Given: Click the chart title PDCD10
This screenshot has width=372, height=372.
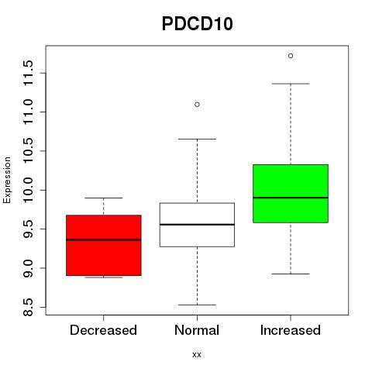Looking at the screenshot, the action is (x=198, y=24).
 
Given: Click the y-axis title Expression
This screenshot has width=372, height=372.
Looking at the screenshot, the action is (x=7, y=180).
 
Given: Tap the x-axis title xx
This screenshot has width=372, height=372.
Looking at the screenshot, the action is (x=197, y=355).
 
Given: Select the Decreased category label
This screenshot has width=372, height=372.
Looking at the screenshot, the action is (x=103, y=330).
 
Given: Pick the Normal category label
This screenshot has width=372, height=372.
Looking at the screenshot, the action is (x=197, y=330).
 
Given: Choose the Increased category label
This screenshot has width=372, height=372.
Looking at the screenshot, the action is (x=291, y=330).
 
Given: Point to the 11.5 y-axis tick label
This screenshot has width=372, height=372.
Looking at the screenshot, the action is (x=28, y=73).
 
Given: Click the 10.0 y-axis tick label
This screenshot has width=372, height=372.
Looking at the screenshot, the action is (x=28, y=190).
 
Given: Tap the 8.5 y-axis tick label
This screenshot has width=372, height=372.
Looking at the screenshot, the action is (x=28, y=307).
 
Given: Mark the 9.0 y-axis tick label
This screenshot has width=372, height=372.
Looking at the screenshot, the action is (x=28, y=268).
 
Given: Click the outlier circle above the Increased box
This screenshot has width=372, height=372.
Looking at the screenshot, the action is (x=291, y=56).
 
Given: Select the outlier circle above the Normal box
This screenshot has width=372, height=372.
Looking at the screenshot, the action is (x=197, y=105).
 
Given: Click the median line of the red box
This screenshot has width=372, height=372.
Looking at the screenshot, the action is (x=104, y=239).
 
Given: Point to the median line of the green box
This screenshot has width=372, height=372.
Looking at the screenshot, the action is (x=291, y=198).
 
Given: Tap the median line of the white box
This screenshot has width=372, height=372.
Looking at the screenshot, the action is (x=197, y=225).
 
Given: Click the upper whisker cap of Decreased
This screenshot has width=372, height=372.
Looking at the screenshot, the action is (x=104, y=198).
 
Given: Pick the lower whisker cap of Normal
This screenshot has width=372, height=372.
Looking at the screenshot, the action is (x=197, y=305).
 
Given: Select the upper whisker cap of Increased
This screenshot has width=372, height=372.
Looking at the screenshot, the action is (x=291, y=84).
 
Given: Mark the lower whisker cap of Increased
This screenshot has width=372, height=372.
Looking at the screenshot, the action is (x=291, y=274).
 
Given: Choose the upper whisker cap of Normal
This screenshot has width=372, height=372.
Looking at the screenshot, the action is (x=197, y=139).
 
